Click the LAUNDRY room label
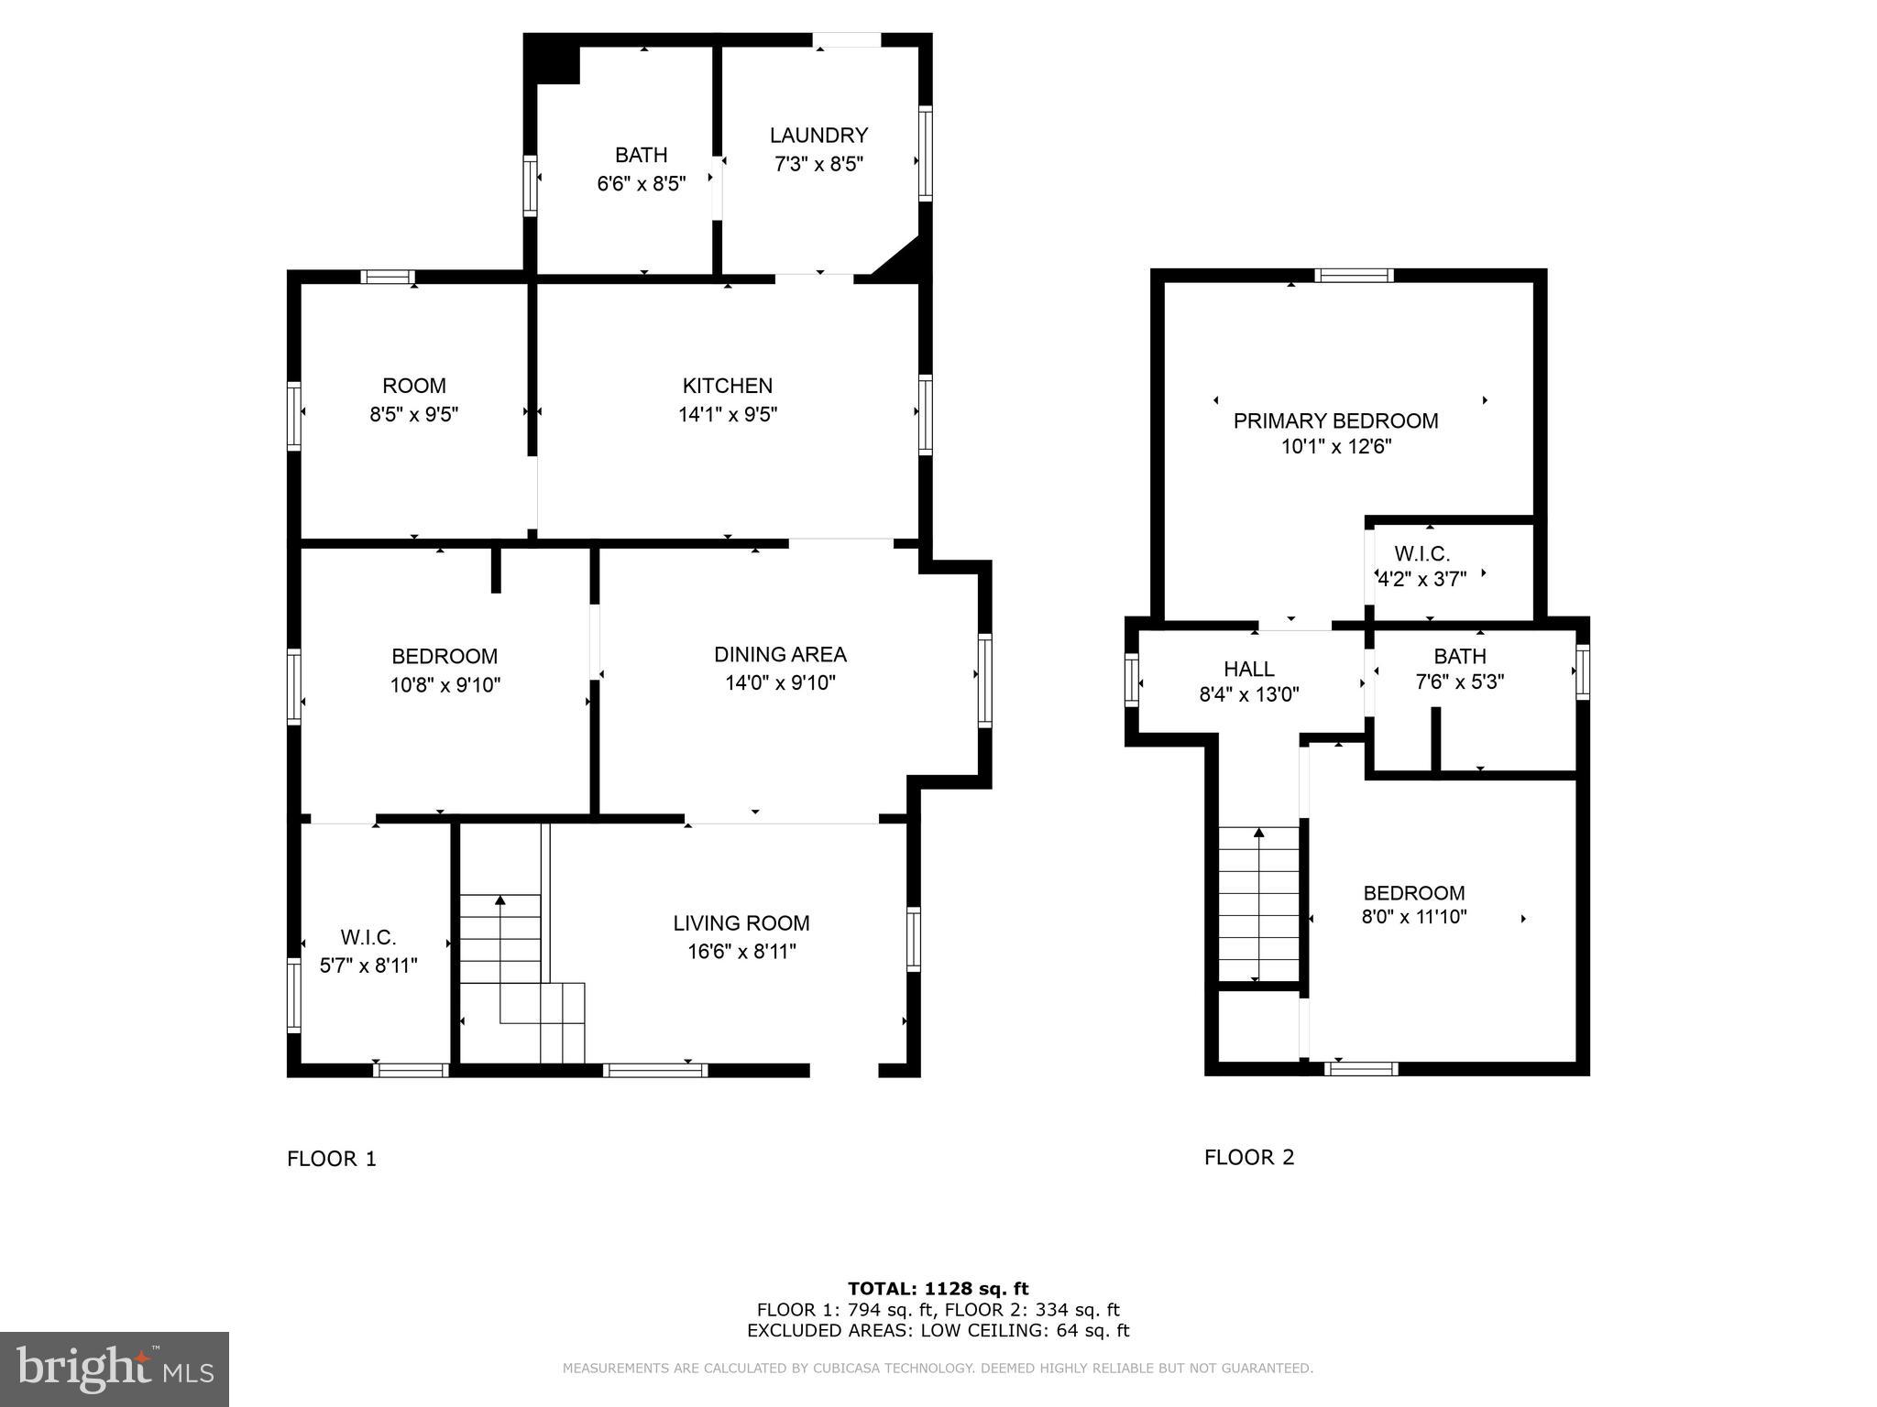click(x=818, y=136)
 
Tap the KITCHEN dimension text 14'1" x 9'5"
click(x=728, y=415)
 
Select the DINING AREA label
click(x=780, y=654)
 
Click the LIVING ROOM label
click(x=741, y=923)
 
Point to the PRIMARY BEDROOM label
click(x=1335, y=421)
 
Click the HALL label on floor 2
click(x=1248, y=669)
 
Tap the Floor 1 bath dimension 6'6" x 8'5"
click(x=641, y=184)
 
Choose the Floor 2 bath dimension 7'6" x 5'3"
click(x=1460, y=682)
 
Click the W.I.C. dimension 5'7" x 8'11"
click(x=368, y=965)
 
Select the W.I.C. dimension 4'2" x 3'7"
click(x=1422, y=579)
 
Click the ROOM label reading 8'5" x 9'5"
click(x=414, y=386)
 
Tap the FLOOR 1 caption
click(x=332, y=1159)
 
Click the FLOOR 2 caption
click(x=1249, y=1157)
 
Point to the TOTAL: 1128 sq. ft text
click(x=938, y=1289)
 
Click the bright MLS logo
click(x=115, y=1369)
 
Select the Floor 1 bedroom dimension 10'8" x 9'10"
click(x=445, y=685)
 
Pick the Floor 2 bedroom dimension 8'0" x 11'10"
click(x=1413, y=916)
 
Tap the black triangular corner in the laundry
click(x=903, y=262)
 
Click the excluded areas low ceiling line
click(x=938, y=1331)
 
